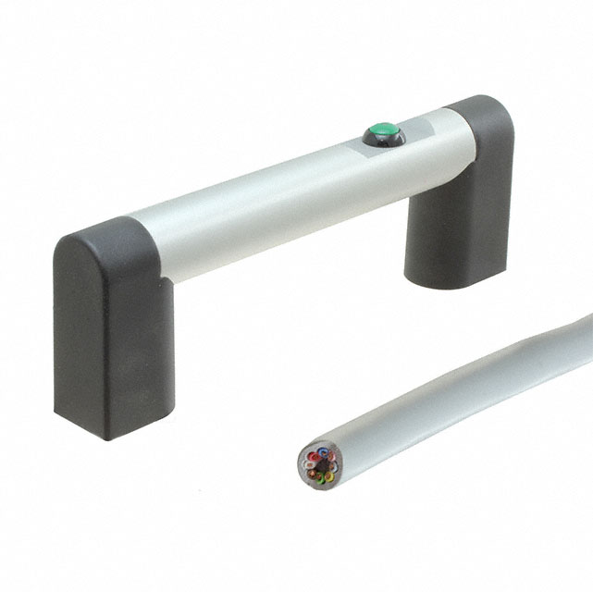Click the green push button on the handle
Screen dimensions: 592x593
click(383, 132)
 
